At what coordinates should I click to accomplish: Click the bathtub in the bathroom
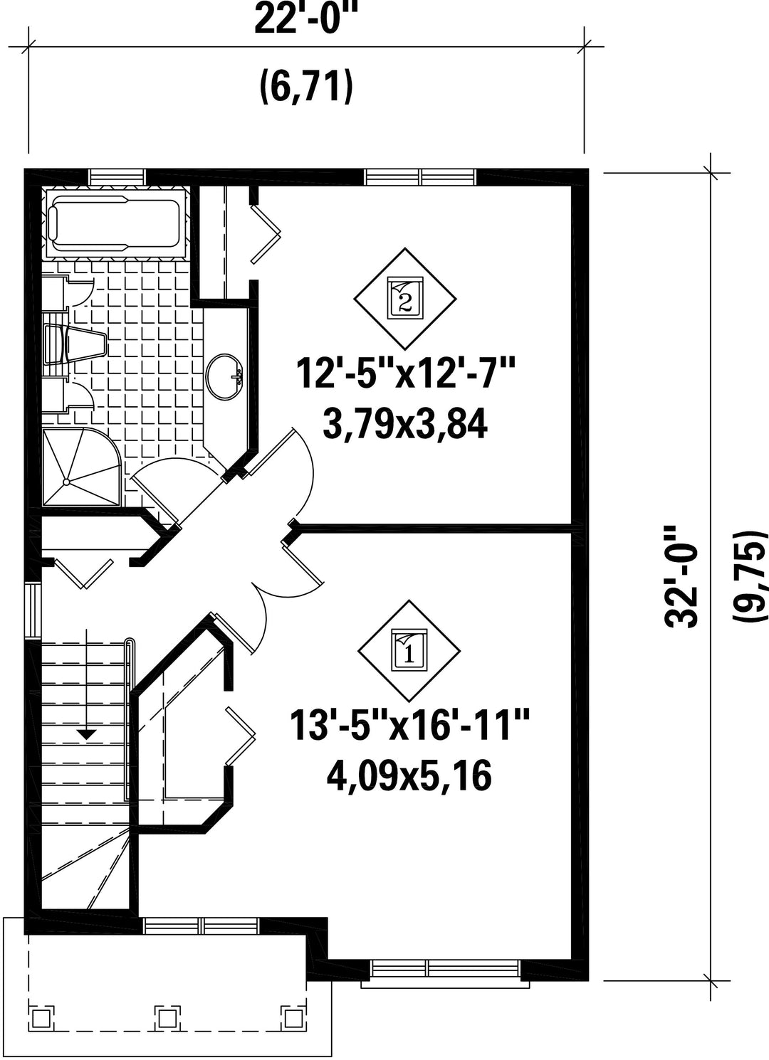point(116,223)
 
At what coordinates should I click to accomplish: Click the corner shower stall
point(83,466)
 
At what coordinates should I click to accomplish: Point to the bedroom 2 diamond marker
point(405,299)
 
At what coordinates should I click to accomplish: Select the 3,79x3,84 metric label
point(405,425)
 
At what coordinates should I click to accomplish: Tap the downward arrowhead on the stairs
point(86,734)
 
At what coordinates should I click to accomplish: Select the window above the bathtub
point(117,177)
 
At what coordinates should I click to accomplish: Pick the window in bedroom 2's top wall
point(421,177)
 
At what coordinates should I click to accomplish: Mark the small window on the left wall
point(33,610)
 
